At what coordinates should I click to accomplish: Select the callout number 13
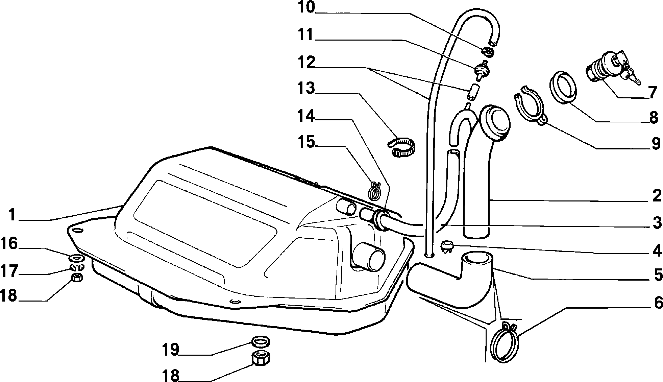pos(306,89)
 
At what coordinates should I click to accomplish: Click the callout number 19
pos(170,350)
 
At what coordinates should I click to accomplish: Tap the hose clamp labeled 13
pos(401,147)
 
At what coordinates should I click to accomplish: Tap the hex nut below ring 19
pos(261,358)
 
